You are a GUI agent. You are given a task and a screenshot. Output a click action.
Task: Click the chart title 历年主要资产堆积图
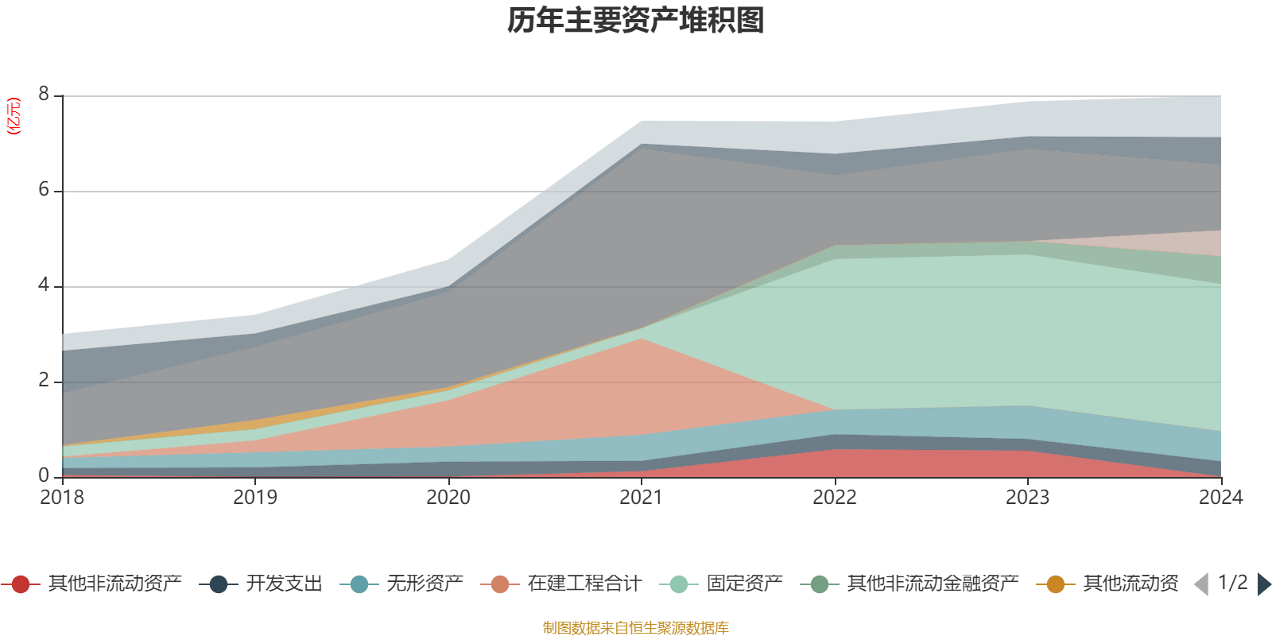[636, 21]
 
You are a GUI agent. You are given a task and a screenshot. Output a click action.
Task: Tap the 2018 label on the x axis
[62, 498]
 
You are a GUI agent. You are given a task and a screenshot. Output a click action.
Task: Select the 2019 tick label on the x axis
[255, 498]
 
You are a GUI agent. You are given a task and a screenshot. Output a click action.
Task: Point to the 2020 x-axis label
[448, 498]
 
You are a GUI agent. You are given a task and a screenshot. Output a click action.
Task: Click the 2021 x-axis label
[642, 498]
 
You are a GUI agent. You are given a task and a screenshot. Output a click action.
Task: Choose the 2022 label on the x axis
[835, 498]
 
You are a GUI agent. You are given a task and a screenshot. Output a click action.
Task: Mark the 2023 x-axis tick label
[1028, 498]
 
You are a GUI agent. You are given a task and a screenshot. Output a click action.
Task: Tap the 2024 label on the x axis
[1220, 498]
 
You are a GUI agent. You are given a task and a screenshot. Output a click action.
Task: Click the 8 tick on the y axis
[44, 95]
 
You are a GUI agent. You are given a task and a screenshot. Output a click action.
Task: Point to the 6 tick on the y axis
[44, 190]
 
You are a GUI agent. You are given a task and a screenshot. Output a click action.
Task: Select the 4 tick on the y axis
[44, 285]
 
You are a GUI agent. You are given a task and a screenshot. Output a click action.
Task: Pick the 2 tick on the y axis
[44, 381]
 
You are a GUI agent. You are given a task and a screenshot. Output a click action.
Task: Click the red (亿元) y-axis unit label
[14, 116]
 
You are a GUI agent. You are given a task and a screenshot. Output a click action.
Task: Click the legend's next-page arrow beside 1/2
[1263, 584]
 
